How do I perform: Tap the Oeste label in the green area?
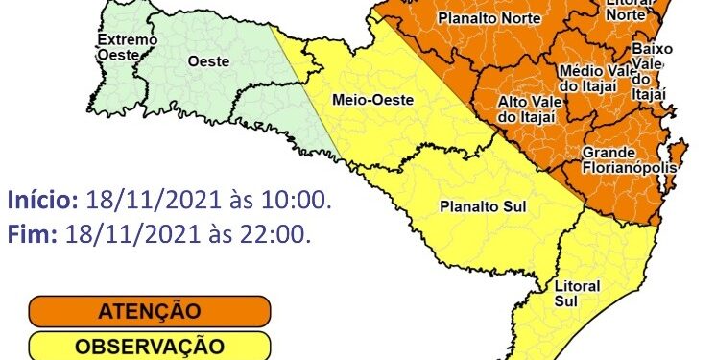tap(208, 60)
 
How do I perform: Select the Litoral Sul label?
tap(578, 294)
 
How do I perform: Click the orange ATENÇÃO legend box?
tap(149, 311)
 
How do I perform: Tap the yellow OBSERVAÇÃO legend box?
tap(149, 346)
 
